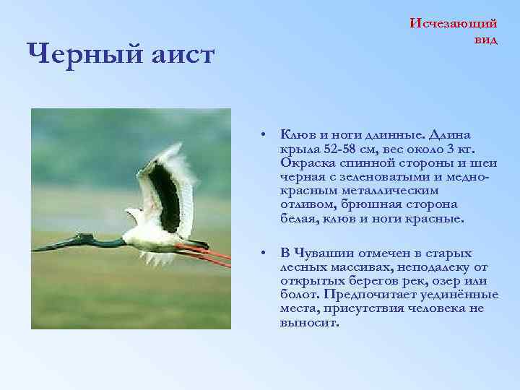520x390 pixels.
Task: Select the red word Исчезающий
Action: (453, 23)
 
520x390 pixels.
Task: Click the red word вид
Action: (485, 39)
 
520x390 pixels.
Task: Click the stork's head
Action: (85, 238)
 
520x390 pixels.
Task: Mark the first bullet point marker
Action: (266, 135)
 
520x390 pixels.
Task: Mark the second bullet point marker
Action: (266, 253)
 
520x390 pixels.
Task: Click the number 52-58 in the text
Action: (326, 149)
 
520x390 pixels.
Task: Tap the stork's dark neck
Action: (108, 241)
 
